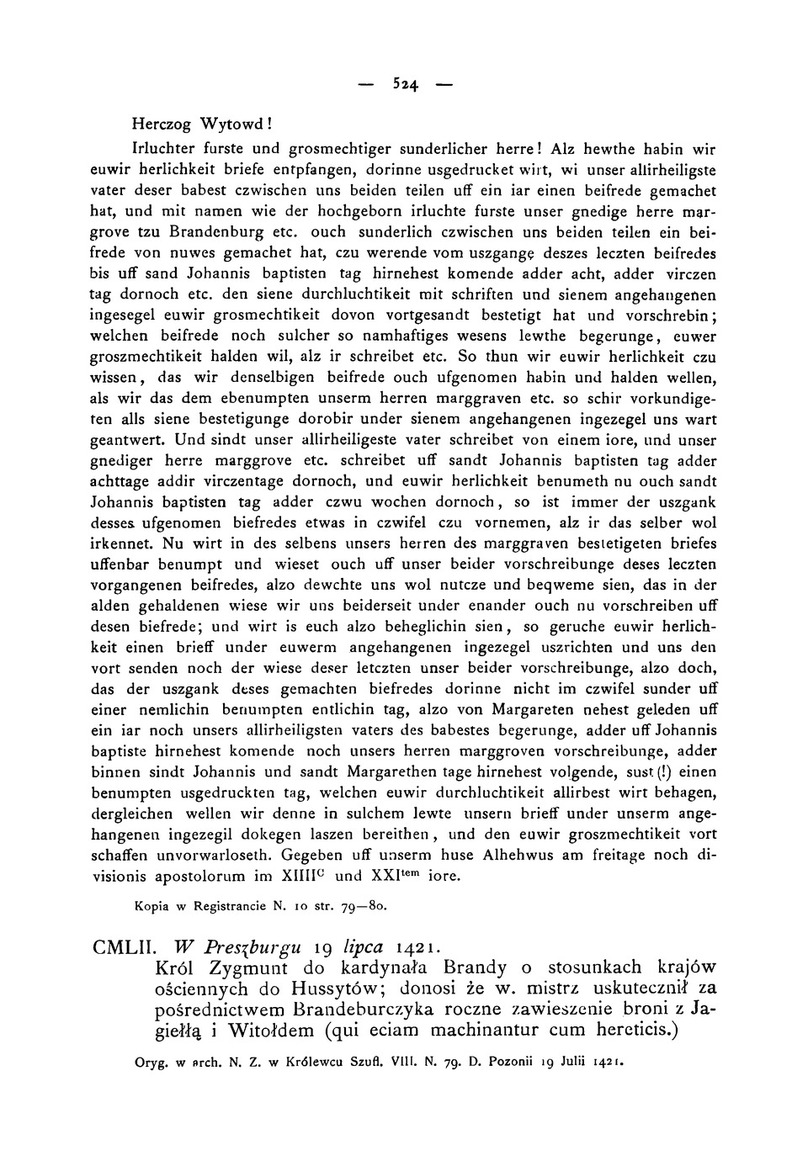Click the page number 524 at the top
404,84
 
